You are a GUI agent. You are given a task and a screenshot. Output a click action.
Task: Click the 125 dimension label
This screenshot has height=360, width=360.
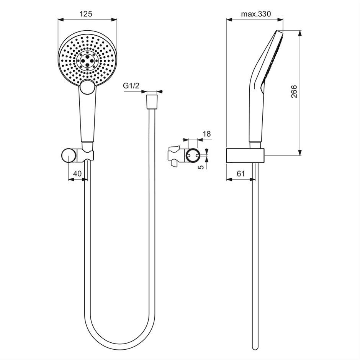pyautogui.click(x=86, y=14)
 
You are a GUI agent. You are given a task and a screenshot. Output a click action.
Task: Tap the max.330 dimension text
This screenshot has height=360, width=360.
pyautogui.click(x=256, y=14)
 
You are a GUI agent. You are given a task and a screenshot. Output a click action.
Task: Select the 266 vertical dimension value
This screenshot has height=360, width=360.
pyautogui.click(x=294, y=92)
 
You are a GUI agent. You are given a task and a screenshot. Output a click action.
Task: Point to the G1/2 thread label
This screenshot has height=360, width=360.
pyautogui.click(x=131, y=86)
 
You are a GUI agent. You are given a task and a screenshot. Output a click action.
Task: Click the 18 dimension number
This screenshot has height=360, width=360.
pyautogui.click(x=207, y=134)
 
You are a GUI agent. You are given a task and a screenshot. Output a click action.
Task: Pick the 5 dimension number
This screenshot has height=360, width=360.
pyautogui.click(x=201, y=167)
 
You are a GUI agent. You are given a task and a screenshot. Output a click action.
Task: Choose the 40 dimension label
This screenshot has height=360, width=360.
pyautogui.click(x=77, y=173)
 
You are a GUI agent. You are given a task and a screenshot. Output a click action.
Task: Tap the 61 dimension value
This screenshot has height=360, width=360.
pyautogui.click(x=241, y=173)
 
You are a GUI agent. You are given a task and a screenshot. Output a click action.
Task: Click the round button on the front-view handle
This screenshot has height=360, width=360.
pyautogui.click(x=87, y=87)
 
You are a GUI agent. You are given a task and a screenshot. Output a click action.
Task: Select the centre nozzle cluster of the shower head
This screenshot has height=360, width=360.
pyautogui.click(x=87, y=60)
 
